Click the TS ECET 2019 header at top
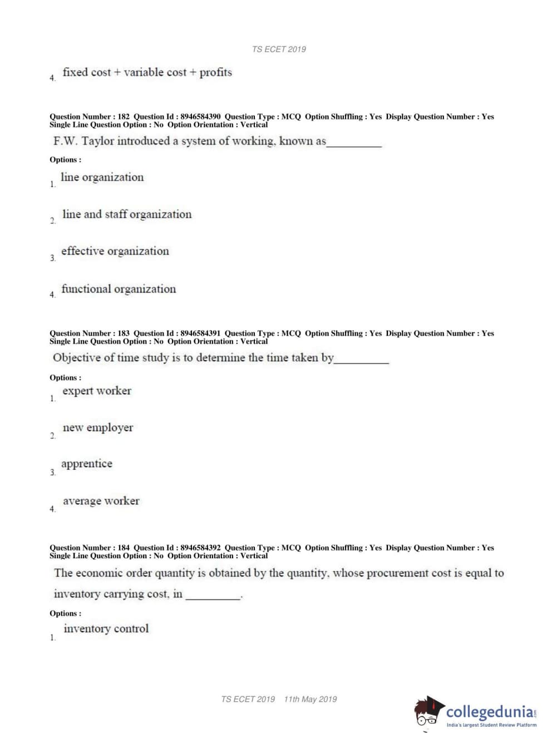(x=279, y=49)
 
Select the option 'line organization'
(x=102, y=177)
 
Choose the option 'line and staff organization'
(x=127, y=214)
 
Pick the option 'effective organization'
(x=115, y=251)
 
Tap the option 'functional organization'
(x=119, y=289)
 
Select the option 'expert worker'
(x=97, y=390)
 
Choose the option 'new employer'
(x=98, y=428)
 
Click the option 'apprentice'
(x=87, y=464)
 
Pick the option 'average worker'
(x=101, y=501)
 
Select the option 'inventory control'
(x=106, y=628)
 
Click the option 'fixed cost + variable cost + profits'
(x=147, y=72)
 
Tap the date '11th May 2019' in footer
(x=310, y=699)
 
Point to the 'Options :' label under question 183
(x=65, y=378)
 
